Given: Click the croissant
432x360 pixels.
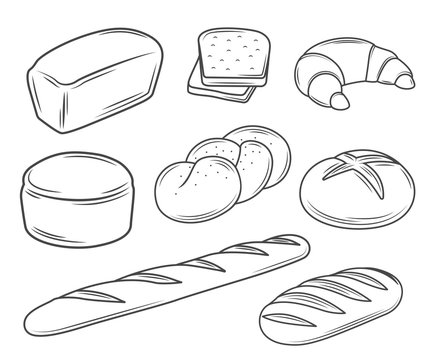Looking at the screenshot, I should (x=349, y=72).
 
